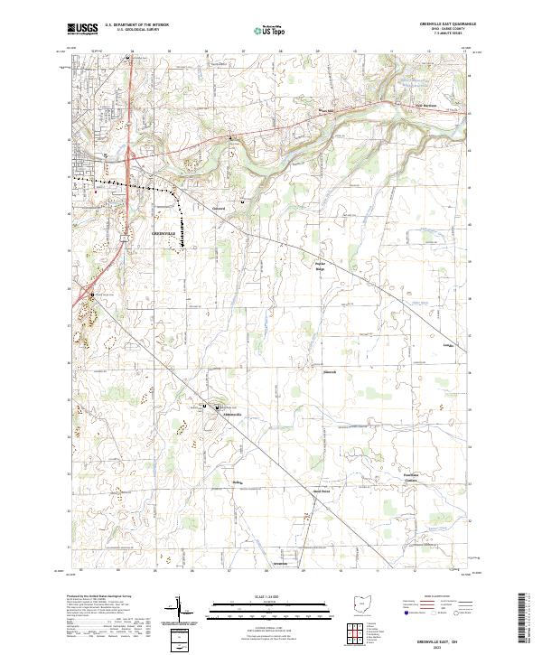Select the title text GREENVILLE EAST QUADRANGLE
442,24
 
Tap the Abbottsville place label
232,414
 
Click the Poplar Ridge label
319,267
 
